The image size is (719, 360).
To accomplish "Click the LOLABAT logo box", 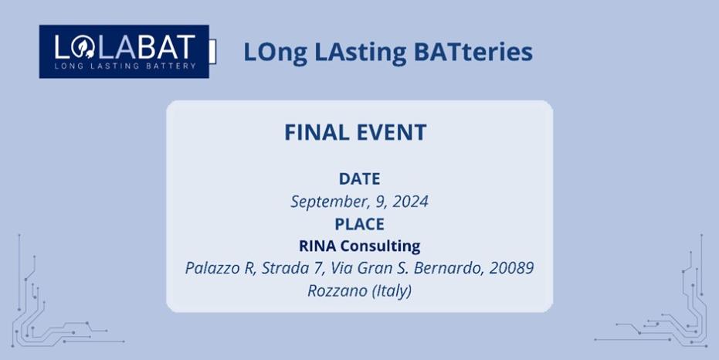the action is pyautogui.click(x=124, y=51).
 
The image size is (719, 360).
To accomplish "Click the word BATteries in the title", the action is pyautogui.click(x=473, y=51).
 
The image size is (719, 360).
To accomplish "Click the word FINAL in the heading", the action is pyautogui.click(x=317, y=133).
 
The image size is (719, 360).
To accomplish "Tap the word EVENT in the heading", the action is pyautogui.click(x=392, y=133).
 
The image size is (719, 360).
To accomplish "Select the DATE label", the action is pyautogui.click(x=360, y=179).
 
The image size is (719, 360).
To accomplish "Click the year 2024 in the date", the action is pyautogui.click(x=410, y=202).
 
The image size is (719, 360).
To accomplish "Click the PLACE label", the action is pyautogui.click(x=360, y=224).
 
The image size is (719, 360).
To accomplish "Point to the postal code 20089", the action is pyautogui.click(x=511, y=268).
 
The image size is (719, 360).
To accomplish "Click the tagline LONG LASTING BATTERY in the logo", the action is pyautogui.click(x=125, y=66).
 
